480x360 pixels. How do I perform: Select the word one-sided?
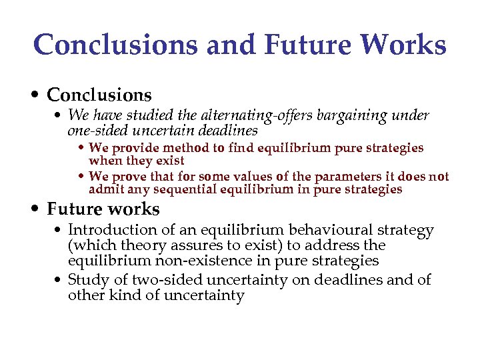point(97,130)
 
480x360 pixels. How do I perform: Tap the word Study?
point(87,280)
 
